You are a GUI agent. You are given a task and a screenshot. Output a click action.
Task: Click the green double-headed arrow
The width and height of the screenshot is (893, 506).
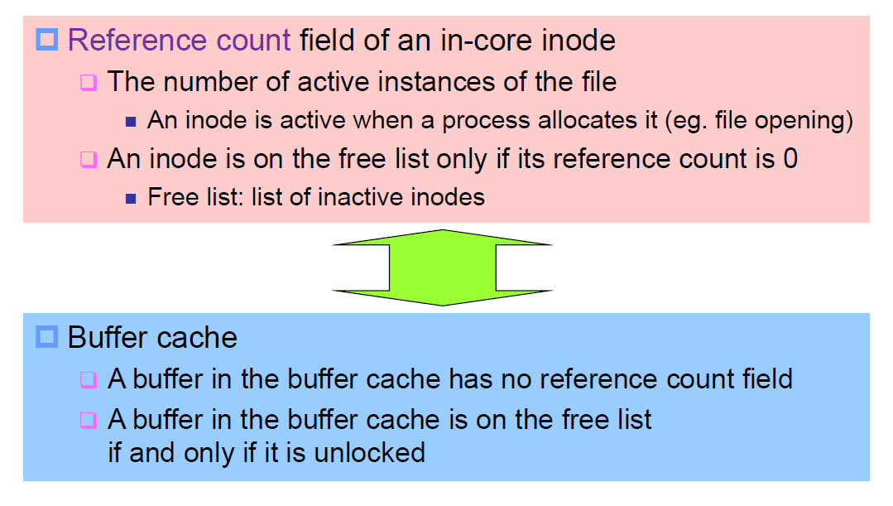442,267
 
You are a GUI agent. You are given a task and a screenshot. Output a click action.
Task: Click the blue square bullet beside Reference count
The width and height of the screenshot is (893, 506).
47,40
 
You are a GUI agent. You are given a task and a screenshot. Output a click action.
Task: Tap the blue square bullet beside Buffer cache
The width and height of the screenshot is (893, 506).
47,337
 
